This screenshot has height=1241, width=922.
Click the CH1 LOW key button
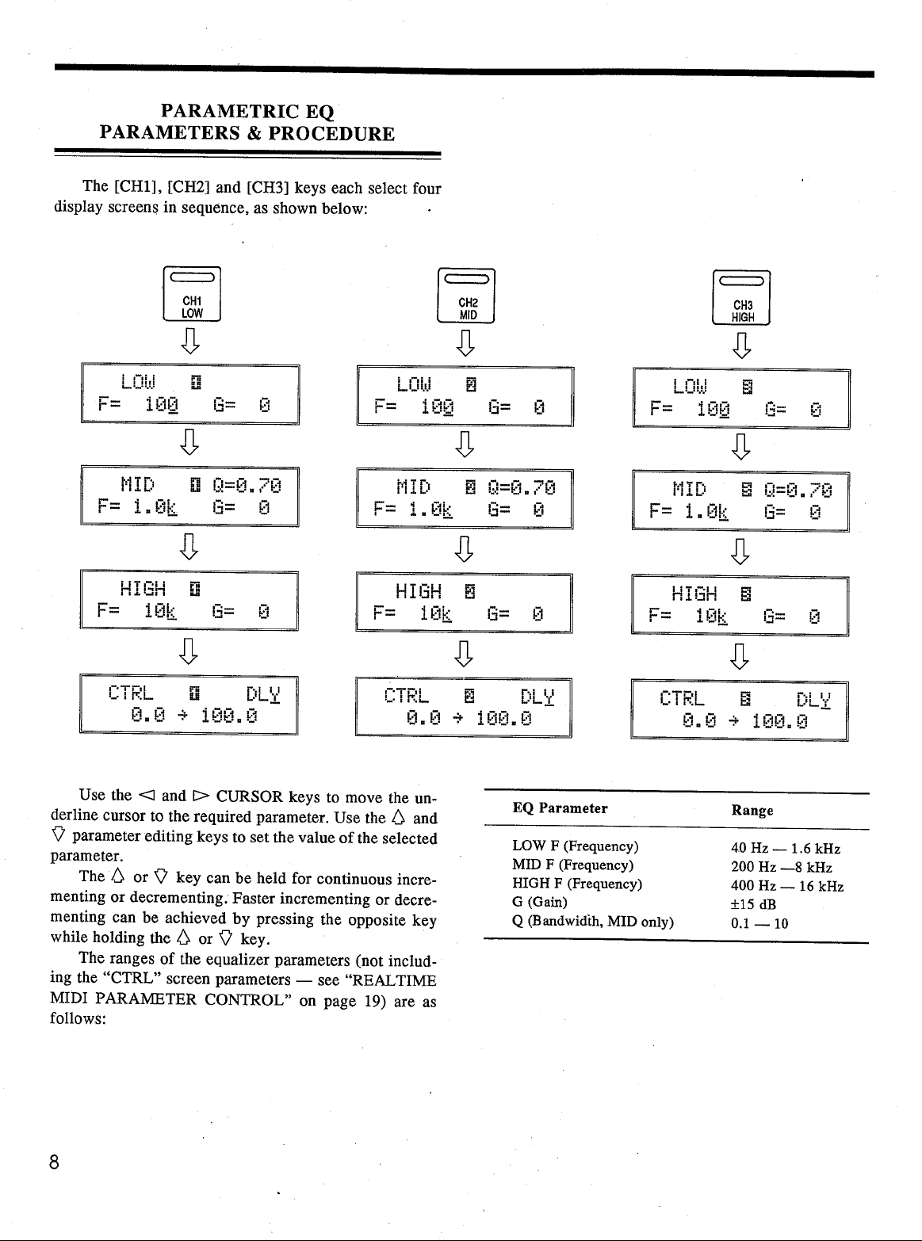[192, 294]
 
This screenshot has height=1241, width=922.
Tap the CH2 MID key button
[466, 296]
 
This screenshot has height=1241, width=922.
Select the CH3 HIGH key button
[741, 298]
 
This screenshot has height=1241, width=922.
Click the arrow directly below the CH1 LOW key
[190, 340]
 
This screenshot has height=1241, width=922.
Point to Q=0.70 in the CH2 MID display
[522, 487]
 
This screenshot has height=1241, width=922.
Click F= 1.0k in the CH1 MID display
[137, 507]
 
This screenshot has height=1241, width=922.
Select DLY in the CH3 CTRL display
[813, 700]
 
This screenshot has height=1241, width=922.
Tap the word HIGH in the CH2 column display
[419, 591]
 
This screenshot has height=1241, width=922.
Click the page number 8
[54, 1162]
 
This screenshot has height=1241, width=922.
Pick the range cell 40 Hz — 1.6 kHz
[786, 849]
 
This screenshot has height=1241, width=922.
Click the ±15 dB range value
[753, 904]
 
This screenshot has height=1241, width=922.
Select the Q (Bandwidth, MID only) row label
[593, 922]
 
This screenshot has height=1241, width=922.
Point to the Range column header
[752, 810]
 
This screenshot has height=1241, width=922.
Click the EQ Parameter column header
[560, 808]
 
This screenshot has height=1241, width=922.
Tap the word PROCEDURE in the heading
[331, 134]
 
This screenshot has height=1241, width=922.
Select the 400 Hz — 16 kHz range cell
[787, 886]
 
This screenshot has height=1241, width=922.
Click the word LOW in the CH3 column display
[690, 386]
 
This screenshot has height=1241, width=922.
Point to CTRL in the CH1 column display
[131, 693]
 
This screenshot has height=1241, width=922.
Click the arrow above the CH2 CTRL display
[464, 654]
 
